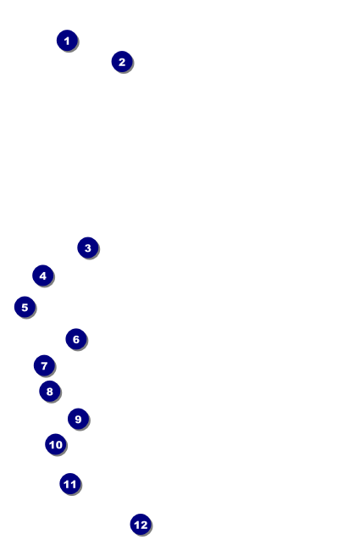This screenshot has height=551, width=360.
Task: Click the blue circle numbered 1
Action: tap(67, 41)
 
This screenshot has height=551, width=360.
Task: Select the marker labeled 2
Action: tap(122, 62)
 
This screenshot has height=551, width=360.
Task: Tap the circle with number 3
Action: tap(88, 248)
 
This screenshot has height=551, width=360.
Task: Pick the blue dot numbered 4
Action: tap(43, 275)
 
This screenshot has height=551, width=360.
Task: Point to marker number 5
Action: tap(25, 307)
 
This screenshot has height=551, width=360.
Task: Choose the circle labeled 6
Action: tap(76, 339)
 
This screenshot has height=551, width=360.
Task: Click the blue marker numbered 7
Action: tap(44, 365)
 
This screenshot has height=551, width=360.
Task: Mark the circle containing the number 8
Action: tap(50, 391)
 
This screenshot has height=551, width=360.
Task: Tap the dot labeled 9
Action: tap(78, 419)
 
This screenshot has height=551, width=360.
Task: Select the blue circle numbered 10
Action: tap(56, 444)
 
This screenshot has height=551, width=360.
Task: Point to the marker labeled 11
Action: tap(70, 484)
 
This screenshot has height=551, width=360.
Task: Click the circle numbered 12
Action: tap(141, 525)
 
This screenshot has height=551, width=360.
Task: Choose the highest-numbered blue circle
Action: tap(141, 525)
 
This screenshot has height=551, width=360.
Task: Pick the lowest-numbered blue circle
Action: tap(67, 41)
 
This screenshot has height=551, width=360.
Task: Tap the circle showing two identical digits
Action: tap(70, 484)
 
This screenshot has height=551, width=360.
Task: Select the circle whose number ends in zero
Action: tap(56, 444)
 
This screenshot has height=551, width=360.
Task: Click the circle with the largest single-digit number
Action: tap(78, 419)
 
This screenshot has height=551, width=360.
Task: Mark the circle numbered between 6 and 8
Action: tap(44, 365)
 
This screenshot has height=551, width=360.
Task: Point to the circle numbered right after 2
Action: tap(88, 248)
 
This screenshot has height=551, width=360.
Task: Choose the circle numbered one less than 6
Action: tap(25, 307)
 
